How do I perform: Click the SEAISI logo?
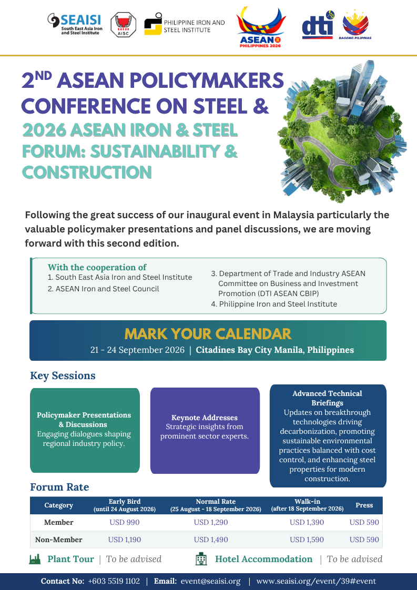coord(75,25)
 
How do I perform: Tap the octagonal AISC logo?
coord(123,25)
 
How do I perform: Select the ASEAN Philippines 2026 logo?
coord(260,27)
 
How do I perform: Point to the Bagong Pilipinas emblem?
coord(355,25)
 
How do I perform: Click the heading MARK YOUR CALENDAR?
coord(208,334)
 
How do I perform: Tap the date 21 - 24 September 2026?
coord(137,350)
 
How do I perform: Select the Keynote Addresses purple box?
coord(205,431)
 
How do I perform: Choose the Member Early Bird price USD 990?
coord(125,522)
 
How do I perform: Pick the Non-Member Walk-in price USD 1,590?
coord(307,540)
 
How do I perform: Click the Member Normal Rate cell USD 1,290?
coord(211,522)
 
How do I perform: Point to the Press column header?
coord(364,505)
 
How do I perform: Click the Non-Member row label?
coord(59,540)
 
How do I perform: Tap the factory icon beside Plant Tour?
coord(35,559)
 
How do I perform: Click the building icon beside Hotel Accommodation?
coord(201,559)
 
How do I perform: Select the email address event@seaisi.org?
coord(210,581)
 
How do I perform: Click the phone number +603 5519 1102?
coord(114,581)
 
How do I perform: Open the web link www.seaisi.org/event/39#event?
coord(316,581)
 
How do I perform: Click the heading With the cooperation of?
coord(97,267)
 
